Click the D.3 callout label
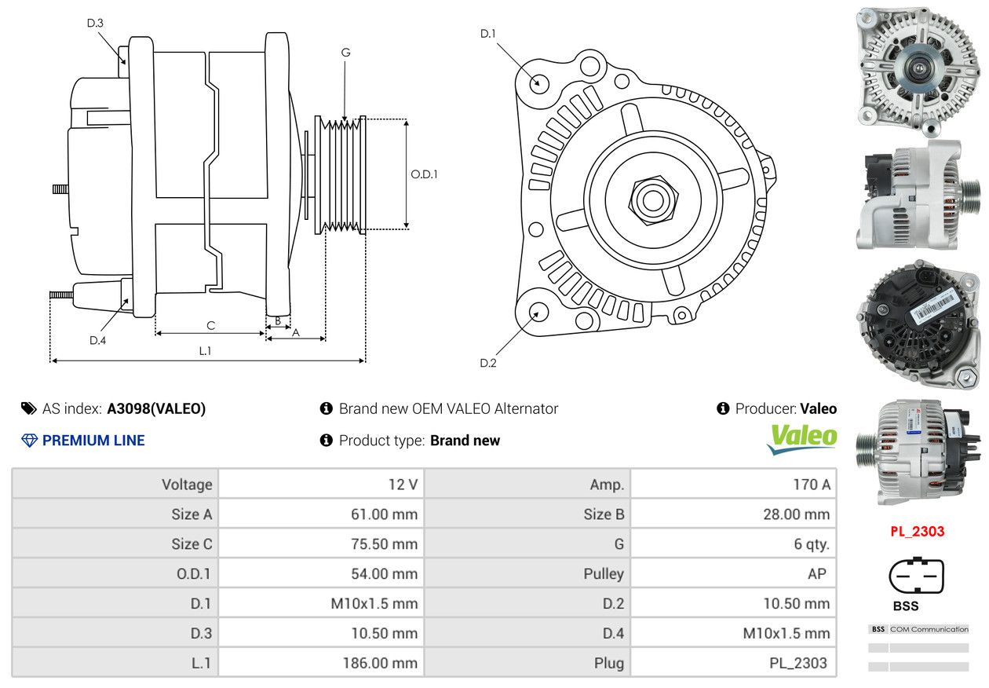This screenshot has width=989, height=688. [x=95, y=23]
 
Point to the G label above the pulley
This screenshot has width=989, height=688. [x=345, y=53]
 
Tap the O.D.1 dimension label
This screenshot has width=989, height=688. [x=424, y=174]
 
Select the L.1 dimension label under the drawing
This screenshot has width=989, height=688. [x=205, y=351]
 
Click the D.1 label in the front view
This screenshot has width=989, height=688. [x=488, y=34]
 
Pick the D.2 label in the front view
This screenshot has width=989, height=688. [x=488, y=363]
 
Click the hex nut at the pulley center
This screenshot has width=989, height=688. [x=653, y=200]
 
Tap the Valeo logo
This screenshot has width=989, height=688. [x=801, y=439]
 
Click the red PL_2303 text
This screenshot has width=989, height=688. [x=917, y=531]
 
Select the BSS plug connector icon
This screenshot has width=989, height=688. [x=916, y=576]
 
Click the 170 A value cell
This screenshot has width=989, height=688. [x=733, y=485]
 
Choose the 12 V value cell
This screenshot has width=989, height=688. [x=321, y=485]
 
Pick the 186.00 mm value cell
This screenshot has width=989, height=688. [x=321, y=663]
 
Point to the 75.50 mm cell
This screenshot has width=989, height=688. [x=321, y=544]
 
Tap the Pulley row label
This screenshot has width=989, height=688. [x=604, y=573]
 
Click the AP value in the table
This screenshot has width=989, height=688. [x=817, y=573]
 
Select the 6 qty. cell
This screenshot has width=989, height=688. [x=733, y=544]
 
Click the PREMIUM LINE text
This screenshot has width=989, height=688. [x=93, y=441]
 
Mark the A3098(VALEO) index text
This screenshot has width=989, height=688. [x=156, y=408]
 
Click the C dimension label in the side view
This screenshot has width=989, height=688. [x=211, y=326]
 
